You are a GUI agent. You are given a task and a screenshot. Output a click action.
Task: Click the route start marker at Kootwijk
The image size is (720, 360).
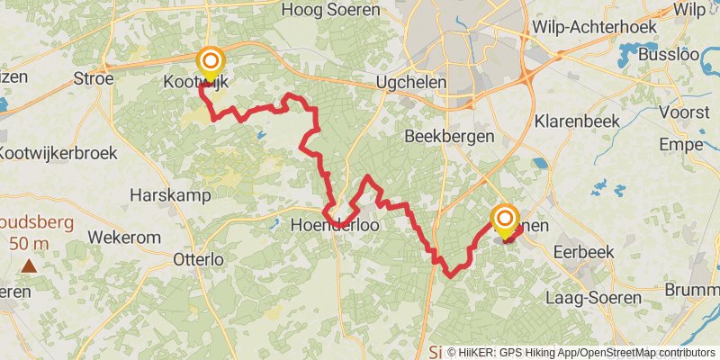[211, 63]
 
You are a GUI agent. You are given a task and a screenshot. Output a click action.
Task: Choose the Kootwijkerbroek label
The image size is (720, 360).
[58, 154]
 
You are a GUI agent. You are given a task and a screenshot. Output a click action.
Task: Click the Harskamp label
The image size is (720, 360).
[170, 194]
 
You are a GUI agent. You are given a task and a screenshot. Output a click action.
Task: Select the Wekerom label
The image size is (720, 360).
[124, 238]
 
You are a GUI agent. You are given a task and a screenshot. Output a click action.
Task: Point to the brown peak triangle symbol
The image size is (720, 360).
[29, 265]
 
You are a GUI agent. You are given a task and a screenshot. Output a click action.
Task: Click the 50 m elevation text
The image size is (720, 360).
[30, 243]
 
